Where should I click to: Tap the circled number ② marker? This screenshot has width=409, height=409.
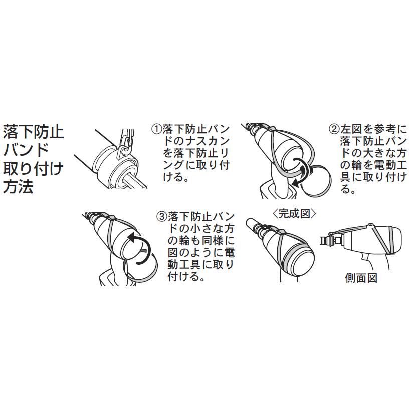[x=334, y=129]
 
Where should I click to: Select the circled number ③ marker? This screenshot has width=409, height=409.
[x=161, y=217]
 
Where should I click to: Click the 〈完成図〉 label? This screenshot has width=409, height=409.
[x=295, y=213]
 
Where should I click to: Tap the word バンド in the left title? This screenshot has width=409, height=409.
[x=26, y=150]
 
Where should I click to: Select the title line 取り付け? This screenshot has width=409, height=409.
[x=34, y=169]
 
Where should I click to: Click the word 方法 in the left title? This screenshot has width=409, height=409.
[x=19, y=187]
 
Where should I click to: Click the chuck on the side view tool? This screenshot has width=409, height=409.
[x=328, y=241]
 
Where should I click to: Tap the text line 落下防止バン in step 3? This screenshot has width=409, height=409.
[x=198, y=217]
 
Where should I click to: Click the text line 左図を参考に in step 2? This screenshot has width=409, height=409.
[x=374, y=129]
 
